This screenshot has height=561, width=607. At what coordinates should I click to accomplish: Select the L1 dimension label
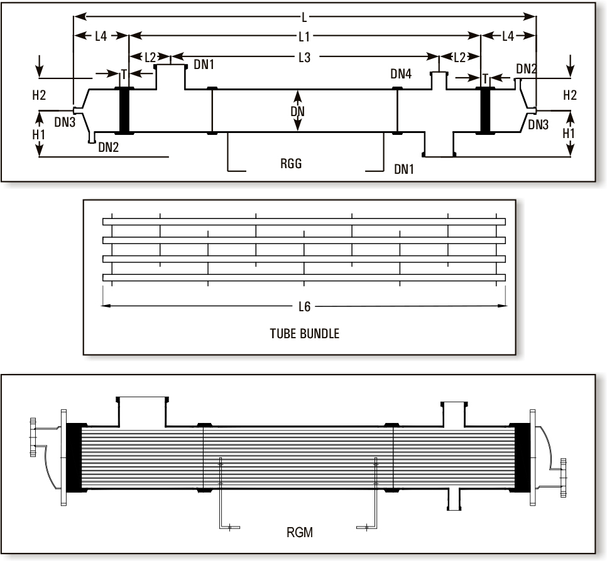point(303,36)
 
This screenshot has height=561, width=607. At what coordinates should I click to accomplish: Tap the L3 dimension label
point(303,57)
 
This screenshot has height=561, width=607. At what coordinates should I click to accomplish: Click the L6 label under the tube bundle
point(304,306)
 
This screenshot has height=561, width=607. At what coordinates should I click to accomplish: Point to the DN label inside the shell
point(298,111)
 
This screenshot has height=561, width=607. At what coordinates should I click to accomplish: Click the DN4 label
point(401,75)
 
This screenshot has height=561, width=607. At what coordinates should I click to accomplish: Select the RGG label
point(291,164)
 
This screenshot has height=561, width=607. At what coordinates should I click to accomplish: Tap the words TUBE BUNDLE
point(304,334)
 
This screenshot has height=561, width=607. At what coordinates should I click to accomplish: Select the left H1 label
point(39,134)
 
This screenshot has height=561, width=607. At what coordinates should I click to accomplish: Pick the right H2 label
point(570,95)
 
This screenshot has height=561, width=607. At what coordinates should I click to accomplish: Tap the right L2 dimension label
point(459,57)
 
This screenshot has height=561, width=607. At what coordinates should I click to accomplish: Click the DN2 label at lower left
point(107,147)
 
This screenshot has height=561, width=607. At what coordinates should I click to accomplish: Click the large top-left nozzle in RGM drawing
point(143,409)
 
